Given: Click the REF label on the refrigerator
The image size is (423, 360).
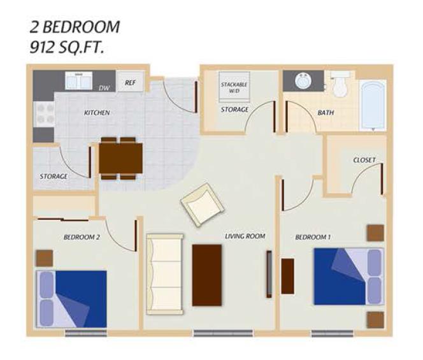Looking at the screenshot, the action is coord(130,83).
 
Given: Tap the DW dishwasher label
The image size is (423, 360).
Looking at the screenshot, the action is coord(104,88).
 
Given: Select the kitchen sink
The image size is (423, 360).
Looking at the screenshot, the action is coord(78,80).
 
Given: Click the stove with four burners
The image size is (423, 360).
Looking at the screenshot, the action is coord(44,115).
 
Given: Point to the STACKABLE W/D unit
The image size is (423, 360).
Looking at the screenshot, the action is coord(234,87).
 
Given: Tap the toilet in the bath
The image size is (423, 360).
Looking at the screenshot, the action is coord(340,83).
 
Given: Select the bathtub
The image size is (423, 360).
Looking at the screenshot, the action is coord(373,106).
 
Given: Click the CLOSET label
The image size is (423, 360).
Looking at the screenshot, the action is coord(364,160).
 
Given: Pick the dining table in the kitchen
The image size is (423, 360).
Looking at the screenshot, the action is coord(120,159).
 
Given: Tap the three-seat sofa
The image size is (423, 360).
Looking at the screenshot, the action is coord(165,274).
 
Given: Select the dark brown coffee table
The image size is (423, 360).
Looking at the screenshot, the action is coord(207,275).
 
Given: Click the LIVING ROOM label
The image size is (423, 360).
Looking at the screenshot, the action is coord(245,236).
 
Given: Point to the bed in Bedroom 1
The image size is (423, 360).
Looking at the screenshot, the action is coord(349,277).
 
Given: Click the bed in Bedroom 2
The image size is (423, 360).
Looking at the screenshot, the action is coord(71,299).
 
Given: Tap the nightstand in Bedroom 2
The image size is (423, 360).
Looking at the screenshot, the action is coord(45,258).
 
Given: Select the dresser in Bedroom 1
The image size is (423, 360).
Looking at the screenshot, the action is coord(288,276).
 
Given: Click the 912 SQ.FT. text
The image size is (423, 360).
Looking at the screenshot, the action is coord(67,48).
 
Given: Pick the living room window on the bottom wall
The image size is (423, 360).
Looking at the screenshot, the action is coord(223,333).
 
